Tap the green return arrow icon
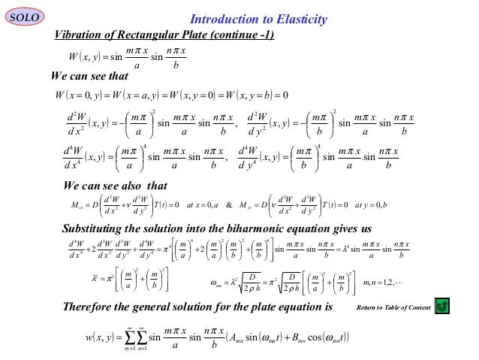[442, 306]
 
